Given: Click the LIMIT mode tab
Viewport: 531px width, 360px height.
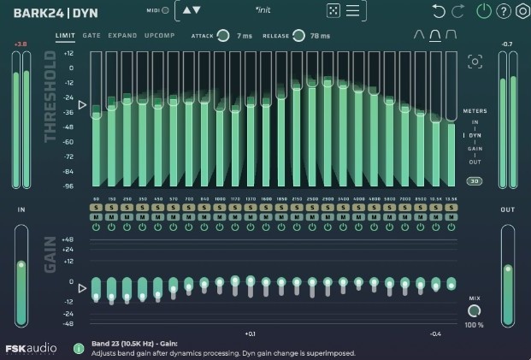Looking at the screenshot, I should tap(64, 36).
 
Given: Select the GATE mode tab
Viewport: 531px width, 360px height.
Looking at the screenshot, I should tap(91, 36).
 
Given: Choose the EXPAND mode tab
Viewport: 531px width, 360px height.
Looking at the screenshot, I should tap(122, 36).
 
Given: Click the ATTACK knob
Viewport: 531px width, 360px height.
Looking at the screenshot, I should tap(222, 35).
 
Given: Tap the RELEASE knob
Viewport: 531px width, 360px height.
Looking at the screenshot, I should tap(298, 35).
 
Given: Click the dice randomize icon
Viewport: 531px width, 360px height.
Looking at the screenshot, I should tap(333, 11).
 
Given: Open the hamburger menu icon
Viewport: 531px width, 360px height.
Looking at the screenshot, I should tap(353, 11).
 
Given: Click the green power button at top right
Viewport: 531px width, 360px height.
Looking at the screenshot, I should tap(485, 11).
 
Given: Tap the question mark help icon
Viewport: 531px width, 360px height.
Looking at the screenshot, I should tap(504, 11).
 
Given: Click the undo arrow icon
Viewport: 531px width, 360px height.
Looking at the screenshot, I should tap(439, 11).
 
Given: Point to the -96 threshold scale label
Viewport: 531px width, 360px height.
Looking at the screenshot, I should tap(68, 186).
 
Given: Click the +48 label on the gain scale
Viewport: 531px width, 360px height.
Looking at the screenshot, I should tap(68, 239).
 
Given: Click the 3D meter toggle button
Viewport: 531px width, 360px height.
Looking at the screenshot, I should tap(474, 181).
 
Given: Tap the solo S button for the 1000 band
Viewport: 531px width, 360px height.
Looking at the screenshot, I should tap(220, 208).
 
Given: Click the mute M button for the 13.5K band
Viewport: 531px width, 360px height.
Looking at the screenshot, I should tap(451, 217).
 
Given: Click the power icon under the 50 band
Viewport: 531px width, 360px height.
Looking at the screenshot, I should tap(97, 227).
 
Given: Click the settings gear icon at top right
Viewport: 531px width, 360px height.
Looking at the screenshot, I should tap(522, 11).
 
